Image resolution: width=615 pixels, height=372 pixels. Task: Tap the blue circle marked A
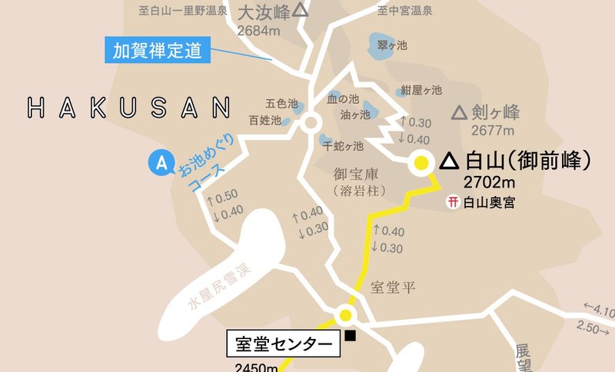[161, 163]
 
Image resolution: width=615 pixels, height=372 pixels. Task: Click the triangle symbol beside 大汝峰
[300, 11]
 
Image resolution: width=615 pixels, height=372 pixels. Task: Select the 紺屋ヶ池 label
[420, 90]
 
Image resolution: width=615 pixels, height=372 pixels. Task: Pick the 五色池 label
[280, 102]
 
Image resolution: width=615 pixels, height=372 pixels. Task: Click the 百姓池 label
[264, 121]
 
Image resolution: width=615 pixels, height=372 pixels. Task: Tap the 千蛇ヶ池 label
[343, 145]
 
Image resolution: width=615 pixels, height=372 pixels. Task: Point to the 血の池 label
[343, 98]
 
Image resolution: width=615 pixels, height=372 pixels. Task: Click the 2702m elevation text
[490, 182]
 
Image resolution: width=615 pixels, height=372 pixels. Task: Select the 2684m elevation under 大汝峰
[259, 31]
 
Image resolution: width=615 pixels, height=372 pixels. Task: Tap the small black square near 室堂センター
[351, 335]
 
